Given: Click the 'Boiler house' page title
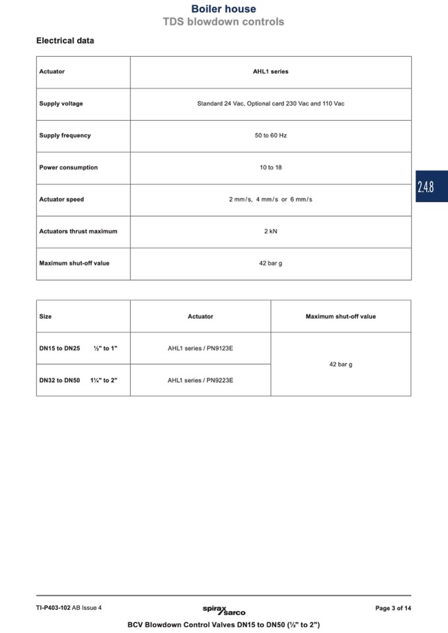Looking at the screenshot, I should (223, 9).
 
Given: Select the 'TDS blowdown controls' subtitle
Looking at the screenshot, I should (223, 22).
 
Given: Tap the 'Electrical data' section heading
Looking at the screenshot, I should (65, 41).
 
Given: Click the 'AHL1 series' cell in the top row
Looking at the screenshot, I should (270, 71).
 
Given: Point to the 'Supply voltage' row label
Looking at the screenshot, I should (61, 104).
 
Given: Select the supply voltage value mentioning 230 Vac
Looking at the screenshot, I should (270, 104).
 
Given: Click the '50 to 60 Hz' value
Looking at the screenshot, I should (270, 135).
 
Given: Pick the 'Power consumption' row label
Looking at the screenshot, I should (68, 168).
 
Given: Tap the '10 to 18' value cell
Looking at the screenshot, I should (270, 168).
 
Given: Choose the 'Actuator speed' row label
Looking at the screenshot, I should (61, 199).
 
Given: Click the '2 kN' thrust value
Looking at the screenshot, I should (270, 231).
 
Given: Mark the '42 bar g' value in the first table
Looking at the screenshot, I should (270, 263).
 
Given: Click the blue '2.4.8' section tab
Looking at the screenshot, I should (426, 187).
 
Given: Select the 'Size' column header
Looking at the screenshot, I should (45, 317).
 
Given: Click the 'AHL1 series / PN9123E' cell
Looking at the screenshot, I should (200, 349).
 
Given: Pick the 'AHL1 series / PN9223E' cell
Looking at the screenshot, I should (200, 380).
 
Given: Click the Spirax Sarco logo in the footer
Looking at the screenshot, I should (223, 609).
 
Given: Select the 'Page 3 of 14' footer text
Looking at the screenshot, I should (392, 608).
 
